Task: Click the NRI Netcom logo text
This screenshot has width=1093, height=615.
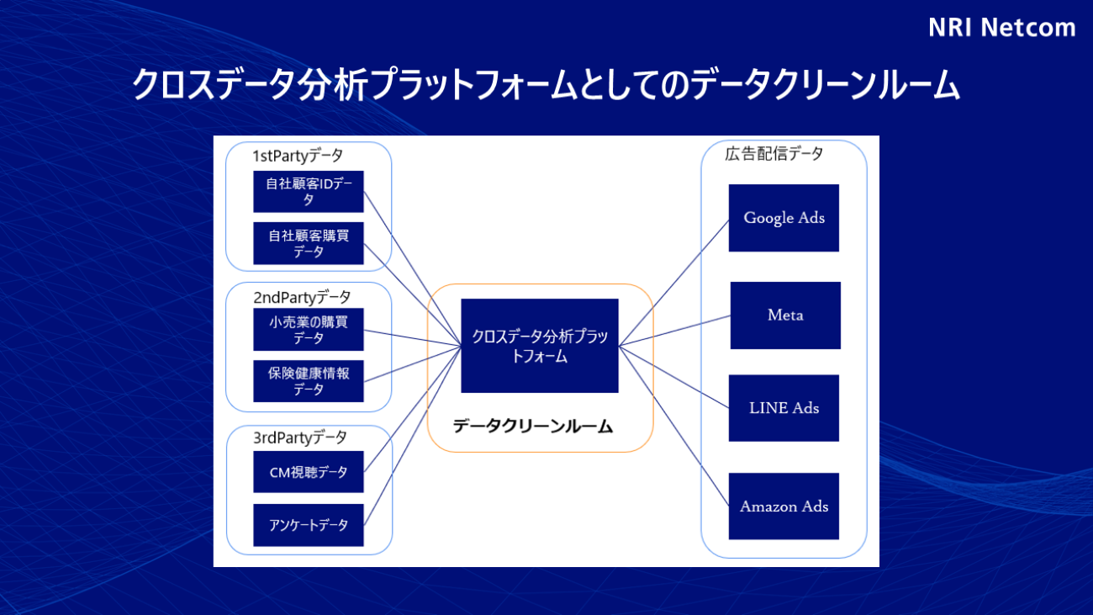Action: pyautogui.click(x=1001, y=28)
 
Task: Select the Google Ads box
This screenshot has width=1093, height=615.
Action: pyautogui.click(x=784, y=218)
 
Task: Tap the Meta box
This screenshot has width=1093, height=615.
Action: pyautogui.click(x=785, y=315)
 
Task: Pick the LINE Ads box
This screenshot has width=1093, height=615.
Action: pyautogui.click(x=784, y=408)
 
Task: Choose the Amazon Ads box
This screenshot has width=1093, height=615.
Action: pyautogui.click(x=784, y=506)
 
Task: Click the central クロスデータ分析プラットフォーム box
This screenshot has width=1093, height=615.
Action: pyautogui.click(x=539, y=346)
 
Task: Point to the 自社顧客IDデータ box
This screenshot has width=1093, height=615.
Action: pyautogui.click(x=309, y=192)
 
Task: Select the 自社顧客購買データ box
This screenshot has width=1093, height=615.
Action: pyautogui.click(x=309, y=244)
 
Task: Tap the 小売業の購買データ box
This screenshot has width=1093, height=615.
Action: pyautogui.click(x=309, y=330)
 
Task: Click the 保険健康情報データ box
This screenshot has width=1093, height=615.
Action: pyautogui.click(x=309, y=381)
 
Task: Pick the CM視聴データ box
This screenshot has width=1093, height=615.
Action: pyautogui.click(x=309, y=472)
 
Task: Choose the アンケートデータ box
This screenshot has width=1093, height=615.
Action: pyautogui.click(x=309, y=525)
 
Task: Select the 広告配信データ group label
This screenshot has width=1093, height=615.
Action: pyautogui.click(x=774, y=154)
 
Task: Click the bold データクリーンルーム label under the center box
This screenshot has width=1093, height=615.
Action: pyautogui.click(x=533, y=427)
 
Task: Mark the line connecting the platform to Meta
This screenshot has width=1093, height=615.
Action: pyautogui.click(x=674, y=330)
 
